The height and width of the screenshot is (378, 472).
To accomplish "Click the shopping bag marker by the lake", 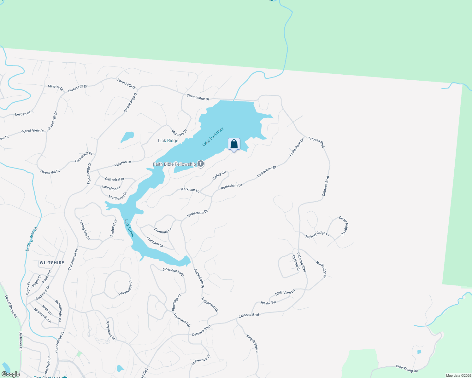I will [x=234, y=144].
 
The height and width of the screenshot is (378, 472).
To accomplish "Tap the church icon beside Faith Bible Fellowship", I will [x=201, y=164].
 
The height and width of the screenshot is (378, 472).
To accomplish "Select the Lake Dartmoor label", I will [x=213, y=136].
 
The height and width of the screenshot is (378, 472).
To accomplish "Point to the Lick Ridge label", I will [x=168, y=140].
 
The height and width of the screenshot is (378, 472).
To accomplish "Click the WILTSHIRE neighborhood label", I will [x=52, y=263].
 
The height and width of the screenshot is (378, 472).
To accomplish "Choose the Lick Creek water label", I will [x=130, y=228].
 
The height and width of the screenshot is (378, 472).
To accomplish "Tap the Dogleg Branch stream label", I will [x=31, y=239].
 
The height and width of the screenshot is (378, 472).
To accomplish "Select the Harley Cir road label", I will [x=219, y=175].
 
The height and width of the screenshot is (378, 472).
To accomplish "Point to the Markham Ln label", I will [x=190, y=190].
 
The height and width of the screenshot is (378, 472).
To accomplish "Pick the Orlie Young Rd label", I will [x=407, y=369].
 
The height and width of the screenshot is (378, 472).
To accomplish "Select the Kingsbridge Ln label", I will [x=253, y=344].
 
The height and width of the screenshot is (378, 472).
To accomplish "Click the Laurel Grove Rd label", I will [x=11, y=306].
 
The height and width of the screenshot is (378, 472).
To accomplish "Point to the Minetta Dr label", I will [x=56, y=88].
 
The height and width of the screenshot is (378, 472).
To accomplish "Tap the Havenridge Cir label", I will [x=125, y=288].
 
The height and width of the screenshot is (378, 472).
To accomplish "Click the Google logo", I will [x=11, y=374].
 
